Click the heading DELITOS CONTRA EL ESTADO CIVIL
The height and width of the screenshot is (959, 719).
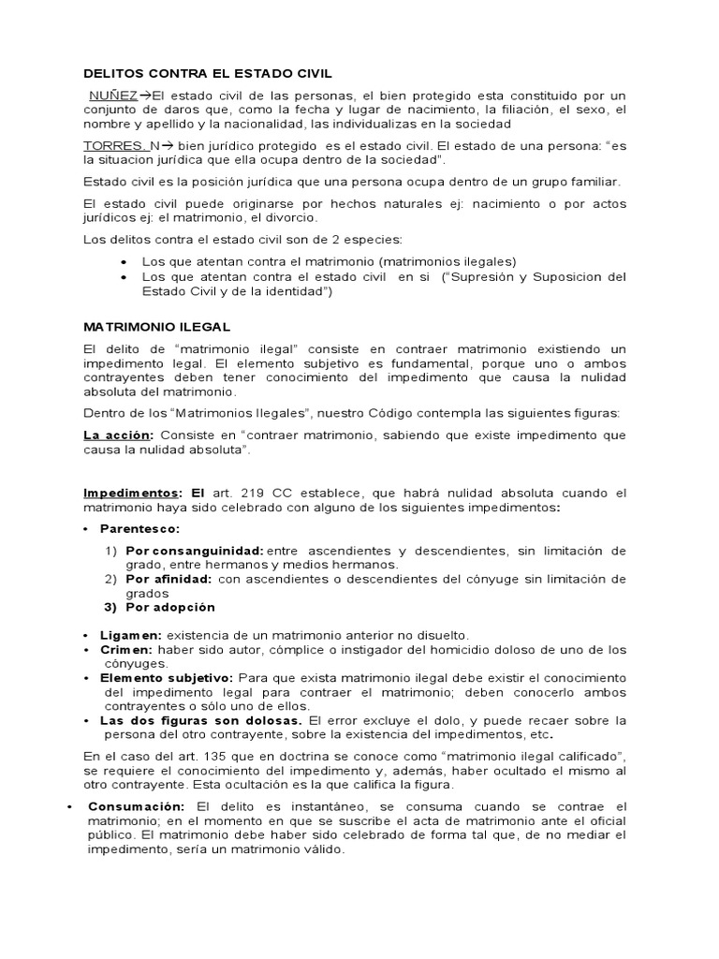[207, 72]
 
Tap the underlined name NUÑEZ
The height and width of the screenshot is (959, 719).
[113, 96]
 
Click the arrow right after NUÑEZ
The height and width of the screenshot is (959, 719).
[145, 96]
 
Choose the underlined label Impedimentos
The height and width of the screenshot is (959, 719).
[132, 493]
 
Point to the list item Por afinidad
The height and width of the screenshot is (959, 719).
[169, 579]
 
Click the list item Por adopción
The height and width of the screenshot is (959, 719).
[170, 607]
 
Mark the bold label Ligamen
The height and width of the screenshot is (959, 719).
[131, 635]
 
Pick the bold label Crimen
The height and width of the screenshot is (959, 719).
[127, 649]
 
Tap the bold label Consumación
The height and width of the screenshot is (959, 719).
[138, 806]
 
